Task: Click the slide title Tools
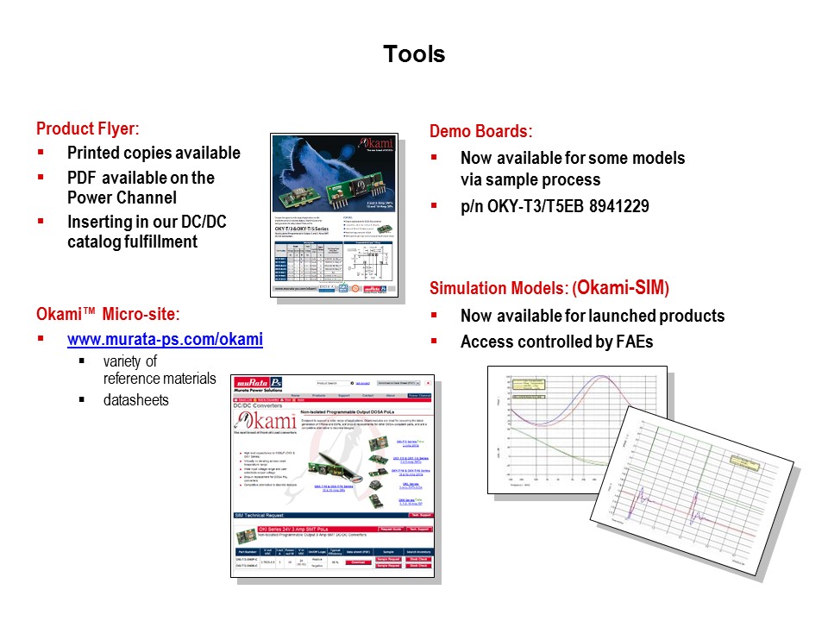click(414, 54)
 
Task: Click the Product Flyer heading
click(88, 129)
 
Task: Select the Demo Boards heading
click(480, 132)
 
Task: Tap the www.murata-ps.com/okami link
click(165, 339)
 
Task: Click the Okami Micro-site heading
click(108, 314)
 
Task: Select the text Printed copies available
click(154, 154)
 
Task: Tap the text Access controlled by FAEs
click(556, 342)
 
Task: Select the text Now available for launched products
click(592, 316)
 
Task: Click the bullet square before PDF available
click(41, 177)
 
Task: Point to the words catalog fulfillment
click(132, 242)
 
